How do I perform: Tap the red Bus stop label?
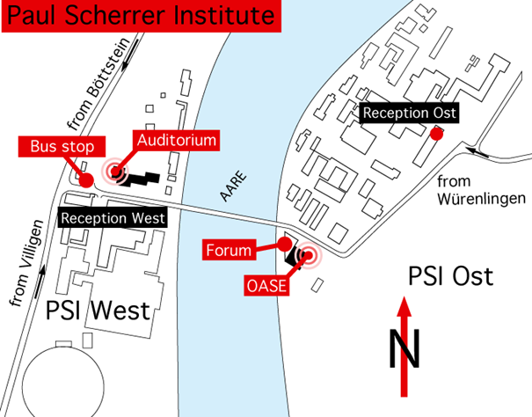[55, 145]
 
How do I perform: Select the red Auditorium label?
[176, 139]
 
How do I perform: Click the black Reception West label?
[113, 217]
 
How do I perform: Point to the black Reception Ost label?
[410, 113]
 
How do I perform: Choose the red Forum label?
[228, 251]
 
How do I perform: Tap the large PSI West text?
[98, 310]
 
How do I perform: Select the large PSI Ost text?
[451, 277]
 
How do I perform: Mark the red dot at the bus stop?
[86, 179]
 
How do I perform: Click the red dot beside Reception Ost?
[435, 134]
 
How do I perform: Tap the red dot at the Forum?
[284, 243]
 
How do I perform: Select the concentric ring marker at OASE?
[309, 256]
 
